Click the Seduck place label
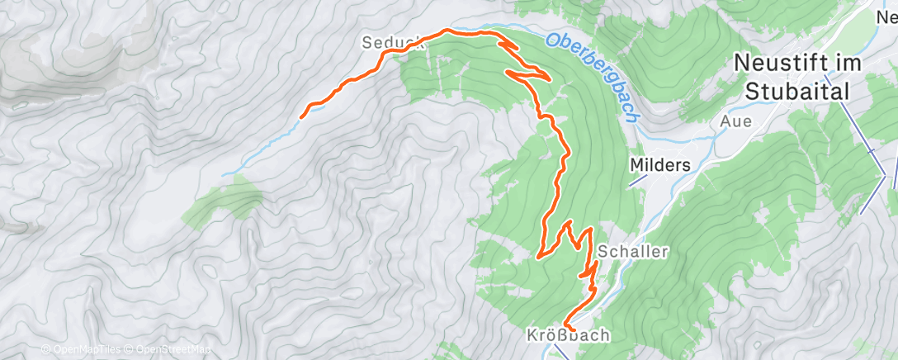392,43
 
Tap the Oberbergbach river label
595,75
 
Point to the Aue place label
735,121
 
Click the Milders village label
659,165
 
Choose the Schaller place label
633,251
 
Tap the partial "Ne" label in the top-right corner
886,14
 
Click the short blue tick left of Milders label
635,182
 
